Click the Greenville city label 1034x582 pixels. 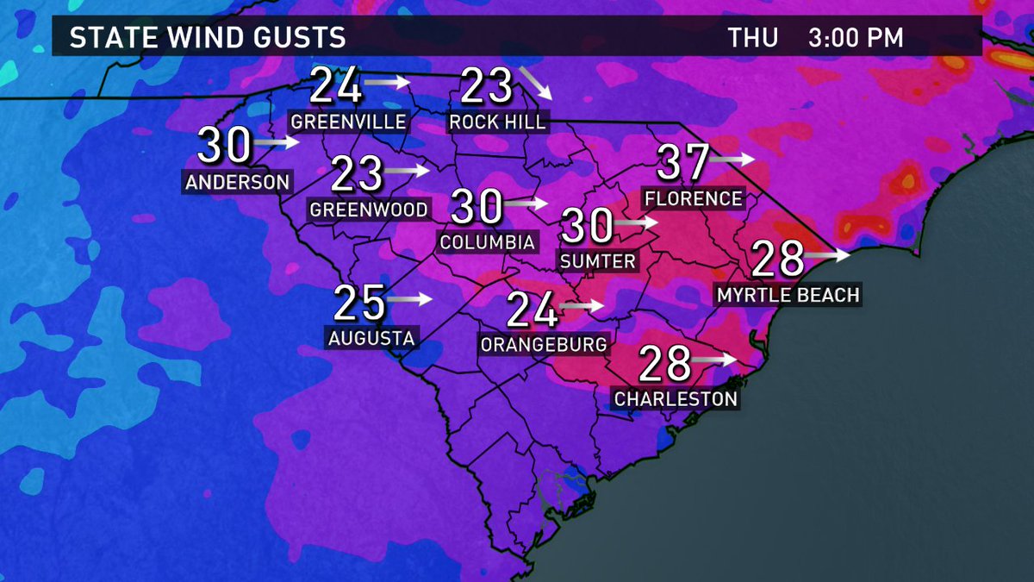348,122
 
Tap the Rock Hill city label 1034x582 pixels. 498,122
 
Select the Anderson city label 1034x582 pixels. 238,182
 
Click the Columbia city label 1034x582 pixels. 487,241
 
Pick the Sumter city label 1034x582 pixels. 597,260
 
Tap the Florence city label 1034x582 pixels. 693,199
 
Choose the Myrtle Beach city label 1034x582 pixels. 788,296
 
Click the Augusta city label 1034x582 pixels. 371,338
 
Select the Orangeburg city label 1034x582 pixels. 544,345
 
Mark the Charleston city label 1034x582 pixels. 676,399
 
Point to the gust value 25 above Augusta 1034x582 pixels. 358,303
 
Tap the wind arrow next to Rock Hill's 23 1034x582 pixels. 534,87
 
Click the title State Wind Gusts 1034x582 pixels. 207,38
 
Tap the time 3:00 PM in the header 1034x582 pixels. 856,38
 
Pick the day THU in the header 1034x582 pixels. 753,38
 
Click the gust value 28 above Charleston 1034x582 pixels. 665,366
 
